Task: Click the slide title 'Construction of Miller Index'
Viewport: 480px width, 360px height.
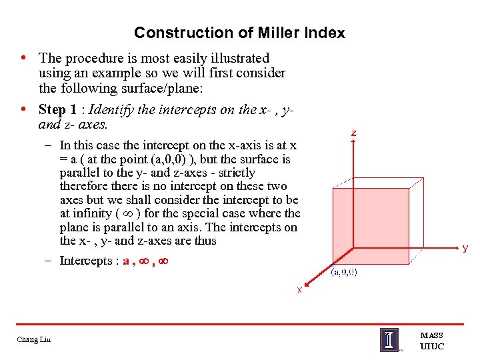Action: (239, 33)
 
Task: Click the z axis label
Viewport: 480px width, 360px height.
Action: (353, 133)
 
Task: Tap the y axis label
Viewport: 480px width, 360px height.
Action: (465, 248)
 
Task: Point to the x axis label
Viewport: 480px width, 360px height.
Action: (299, 290)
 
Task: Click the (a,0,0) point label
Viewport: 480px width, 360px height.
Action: (344, 273)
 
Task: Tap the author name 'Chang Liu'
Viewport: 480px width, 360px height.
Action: (34, 341)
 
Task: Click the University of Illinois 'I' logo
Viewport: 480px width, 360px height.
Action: (389, 339)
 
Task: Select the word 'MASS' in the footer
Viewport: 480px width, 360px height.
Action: (431, 335)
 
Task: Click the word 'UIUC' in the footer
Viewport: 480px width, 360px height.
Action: (431, 346)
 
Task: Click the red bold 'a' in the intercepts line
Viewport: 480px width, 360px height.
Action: (127, 261)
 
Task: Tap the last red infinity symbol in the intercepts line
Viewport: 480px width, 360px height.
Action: (162, 261)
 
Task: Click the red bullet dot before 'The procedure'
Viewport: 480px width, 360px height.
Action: (23, 58)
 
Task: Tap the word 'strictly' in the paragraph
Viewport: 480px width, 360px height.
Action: (233, 173)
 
